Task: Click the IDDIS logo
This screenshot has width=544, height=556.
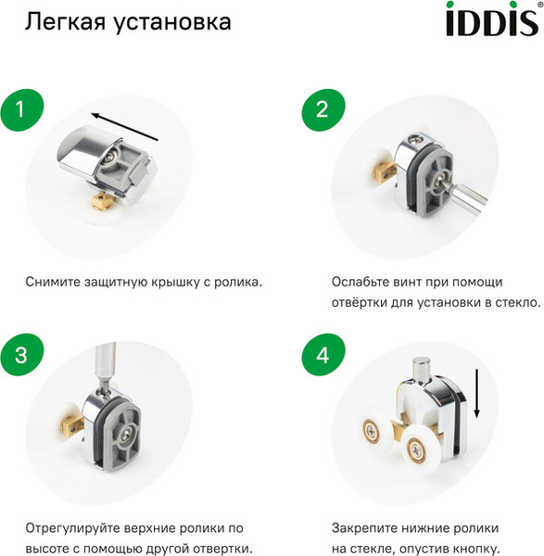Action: [x=493, y=20]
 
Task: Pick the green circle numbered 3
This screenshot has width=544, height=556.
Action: [x=27, y=356]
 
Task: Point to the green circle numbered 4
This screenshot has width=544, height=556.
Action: [x=323, y=356]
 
